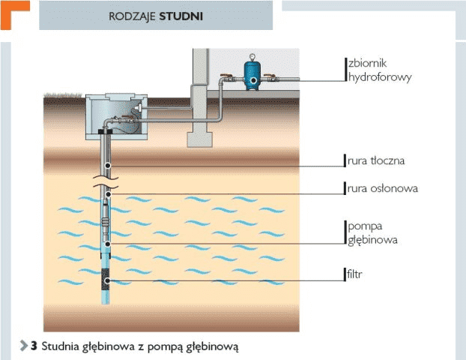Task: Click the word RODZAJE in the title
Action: coord(133,15)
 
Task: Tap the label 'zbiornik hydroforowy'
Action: coord(379,70)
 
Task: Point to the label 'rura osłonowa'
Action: coord(381,189)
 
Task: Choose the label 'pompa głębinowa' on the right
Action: coord(372,232)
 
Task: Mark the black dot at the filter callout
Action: coord(109,281)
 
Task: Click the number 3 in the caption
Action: coord(34,346)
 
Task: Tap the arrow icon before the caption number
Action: coord(23,346)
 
